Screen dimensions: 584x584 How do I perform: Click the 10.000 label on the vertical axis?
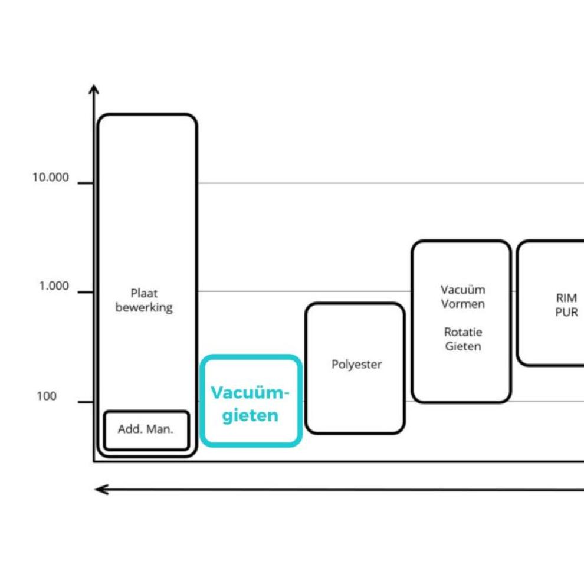pyautogui.click(x=50, y=178)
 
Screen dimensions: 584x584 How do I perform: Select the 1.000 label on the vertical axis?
pyautogui.click(x=54, y=287)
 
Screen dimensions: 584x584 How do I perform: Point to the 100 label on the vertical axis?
pyautogui.click(x=47, y=396)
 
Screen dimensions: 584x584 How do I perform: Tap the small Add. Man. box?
pyautogui.click(x=146, y=429)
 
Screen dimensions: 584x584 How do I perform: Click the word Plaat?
pyautogui.click(x=144, y=293)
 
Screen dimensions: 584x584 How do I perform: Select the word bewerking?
pyautogui.click(x=144, y=307)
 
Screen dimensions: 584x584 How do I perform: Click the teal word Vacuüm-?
pyautogui.click(x=251, y=393)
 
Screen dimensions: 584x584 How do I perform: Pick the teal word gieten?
pyautogui.click(x=250, y=415)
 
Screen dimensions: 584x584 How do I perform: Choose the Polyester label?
pyautogui.click(x=356, y=365)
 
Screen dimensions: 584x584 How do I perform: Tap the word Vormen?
pyautogui.click(x=463, y=304)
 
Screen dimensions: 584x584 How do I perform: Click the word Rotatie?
pyautogui.click(x=463, y=332)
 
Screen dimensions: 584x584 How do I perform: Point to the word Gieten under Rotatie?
pyautogui.click(x=463, y=346)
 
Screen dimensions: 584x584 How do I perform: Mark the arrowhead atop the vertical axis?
pyautogui.click(x=94, y=88)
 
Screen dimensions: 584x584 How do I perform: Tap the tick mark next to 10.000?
pyautogui.click(x=86, y=183)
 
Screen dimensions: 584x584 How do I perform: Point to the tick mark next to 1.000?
pyautogui.click(x=86, y=292)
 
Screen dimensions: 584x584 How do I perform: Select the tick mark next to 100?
pyautogui.click(x=86, y=402)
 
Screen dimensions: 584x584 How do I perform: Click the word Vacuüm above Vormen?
pyautogui.click(x=463, y=290)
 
